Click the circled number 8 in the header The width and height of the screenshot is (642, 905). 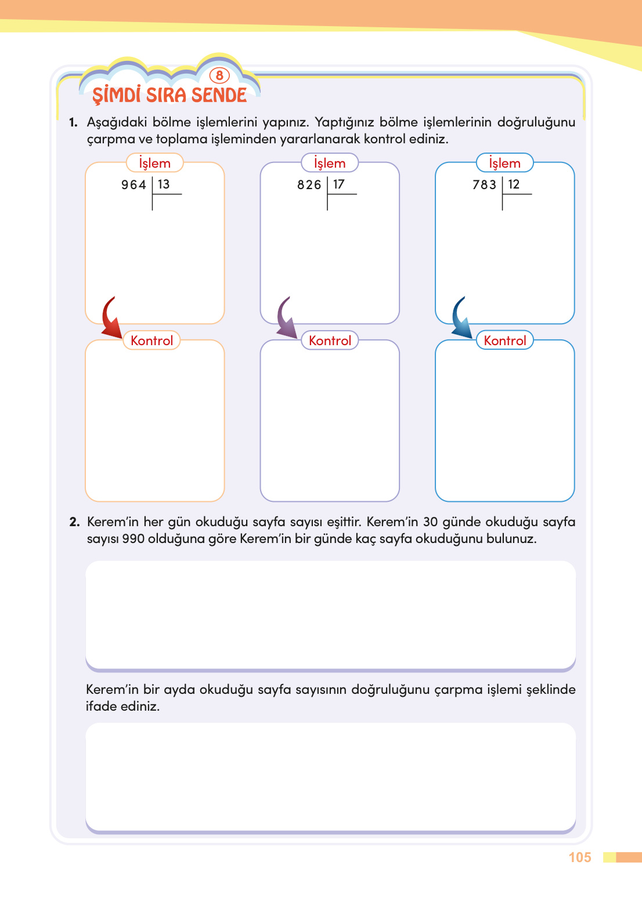pyautogui.click(x=219, y=75)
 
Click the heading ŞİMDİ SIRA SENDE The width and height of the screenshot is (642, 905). pyautogui.click(x=169, y=95)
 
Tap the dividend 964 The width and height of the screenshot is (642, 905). pyautogui.click(x=134, y=185)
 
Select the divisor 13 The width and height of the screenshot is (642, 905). pyautogui.click(x=164, y=184)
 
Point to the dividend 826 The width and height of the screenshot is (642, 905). pyautogui.click(x=309, y=185)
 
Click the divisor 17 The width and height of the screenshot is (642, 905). pyautogui.click(x=339, y=184)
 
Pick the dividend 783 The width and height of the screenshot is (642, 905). pyautogui.click(x=484, y=185)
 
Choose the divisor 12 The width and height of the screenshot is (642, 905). pyautogui.click(x=514, y=184)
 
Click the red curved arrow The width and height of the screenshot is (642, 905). pyautogui.click(x=110, y=318)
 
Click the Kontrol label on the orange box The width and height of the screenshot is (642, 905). pyautogui.click(x=152, y=341)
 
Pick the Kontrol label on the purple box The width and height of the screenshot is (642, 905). pyautogui.click(x=330, y=341)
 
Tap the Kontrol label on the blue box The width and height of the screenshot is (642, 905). pyautogui.click(x=505, y=341)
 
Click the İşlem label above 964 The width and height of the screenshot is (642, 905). pyautogui.click(x=154, y=163)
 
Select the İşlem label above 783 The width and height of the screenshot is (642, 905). pyautogui.click(x=504, y=163)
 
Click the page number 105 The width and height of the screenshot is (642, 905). pyautogui.click(x=579, y=857)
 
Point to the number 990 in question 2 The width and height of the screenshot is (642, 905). pyautogui.click(x=133, y=539)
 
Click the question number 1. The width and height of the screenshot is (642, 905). pyautogui.click(x=73, y=122)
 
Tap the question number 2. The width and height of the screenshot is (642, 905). pyautogui.click(x=74, y=522)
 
